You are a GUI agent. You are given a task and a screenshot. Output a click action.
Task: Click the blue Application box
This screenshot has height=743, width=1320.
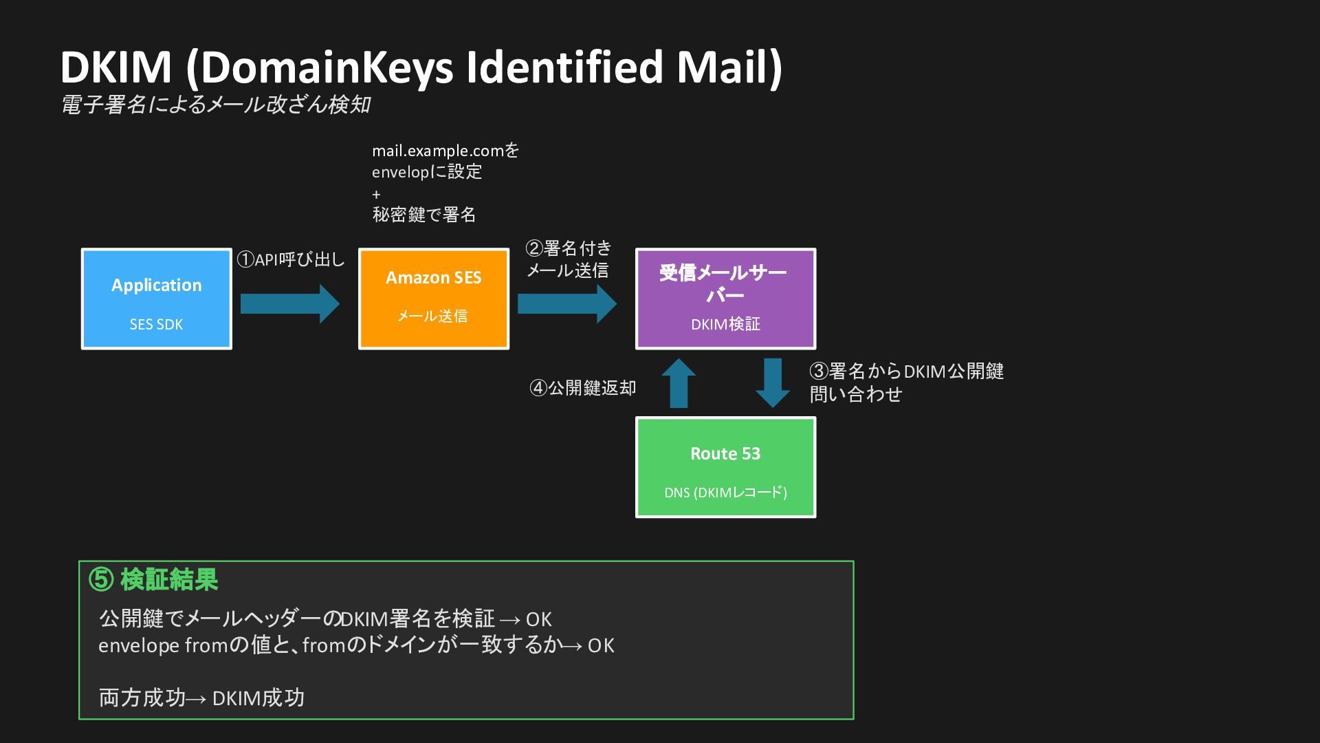(157, 299)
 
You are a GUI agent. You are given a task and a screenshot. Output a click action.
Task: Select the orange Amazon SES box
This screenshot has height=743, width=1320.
(434, 299)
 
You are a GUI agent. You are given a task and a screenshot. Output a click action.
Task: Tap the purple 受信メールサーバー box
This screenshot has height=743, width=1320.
(725, 299)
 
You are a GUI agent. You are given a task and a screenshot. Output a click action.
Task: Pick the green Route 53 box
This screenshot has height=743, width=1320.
(725, 467)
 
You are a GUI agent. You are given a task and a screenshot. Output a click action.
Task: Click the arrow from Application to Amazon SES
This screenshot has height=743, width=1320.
(290, 303)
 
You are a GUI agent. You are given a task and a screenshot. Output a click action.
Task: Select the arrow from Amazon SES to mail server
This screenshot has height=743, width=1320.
(567, 303)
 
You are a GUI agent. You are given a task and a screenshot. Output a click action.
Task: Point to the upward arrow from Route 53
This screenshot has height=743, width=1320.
(679, 383)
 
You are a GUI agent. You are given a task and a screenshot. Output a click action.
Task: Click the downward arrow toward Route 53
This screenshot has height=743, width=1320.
(773, 383)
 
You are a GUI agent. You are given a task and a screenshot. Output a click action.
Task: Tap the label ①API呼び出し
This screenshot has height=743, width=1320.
(291, 259)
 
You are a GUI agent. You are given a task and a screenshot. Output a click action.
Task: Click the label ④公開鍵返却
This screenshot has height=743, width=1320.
(583, 388)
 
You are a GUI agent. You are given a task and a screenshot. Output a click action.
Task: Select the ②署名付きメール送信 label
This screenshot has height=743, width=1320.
(569, 259)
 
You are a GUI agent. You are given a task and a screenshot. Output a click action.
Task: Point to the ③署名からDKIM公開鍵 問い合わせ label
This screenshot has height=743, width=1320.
(907, 383)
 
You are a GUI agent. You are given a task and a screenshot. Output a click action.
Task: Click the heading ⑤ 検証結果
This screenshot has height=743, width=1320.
(153, 580)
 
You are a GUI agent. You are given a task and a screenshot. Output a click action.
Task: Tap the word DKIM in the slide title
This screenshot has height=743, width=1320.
(115, 67)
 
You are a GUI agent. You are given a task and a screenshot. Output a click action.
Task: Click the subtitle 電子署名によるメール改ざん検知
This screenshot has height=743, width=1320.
(216, 105)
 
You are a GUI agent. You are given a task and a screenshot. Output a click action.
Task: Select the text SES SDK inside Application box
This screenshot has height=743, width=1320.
(157, 324)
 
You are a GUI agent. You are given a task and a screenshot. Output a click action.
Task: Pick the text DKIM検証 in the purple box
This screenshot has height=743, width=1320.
(725, 324)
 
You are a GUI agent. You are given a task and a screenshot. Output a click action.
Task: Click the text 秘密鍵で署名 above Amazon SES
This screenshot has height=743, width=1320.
(424, 215)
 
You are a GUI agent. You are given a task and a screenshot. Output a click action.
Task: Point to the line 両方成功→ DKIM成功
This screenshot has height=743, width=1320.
(201, 698)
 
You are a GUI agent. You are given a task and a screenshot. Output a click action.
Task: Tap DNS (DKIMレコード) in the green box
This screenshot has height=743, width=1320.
(725, 492)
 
